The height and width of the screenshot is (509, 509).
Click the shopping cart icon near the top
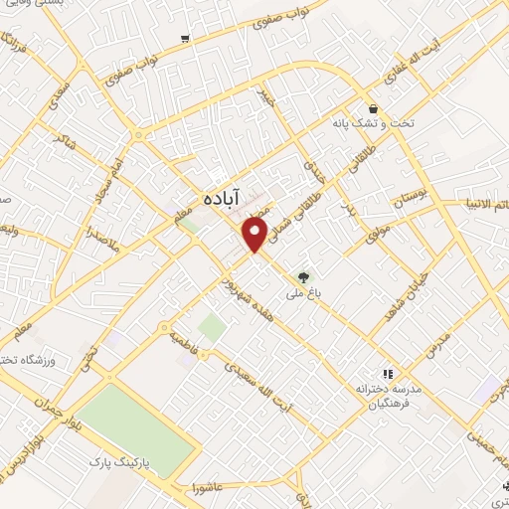coord(185,39)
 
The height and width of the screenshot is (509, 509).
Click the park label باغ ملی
coord(298,265)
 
